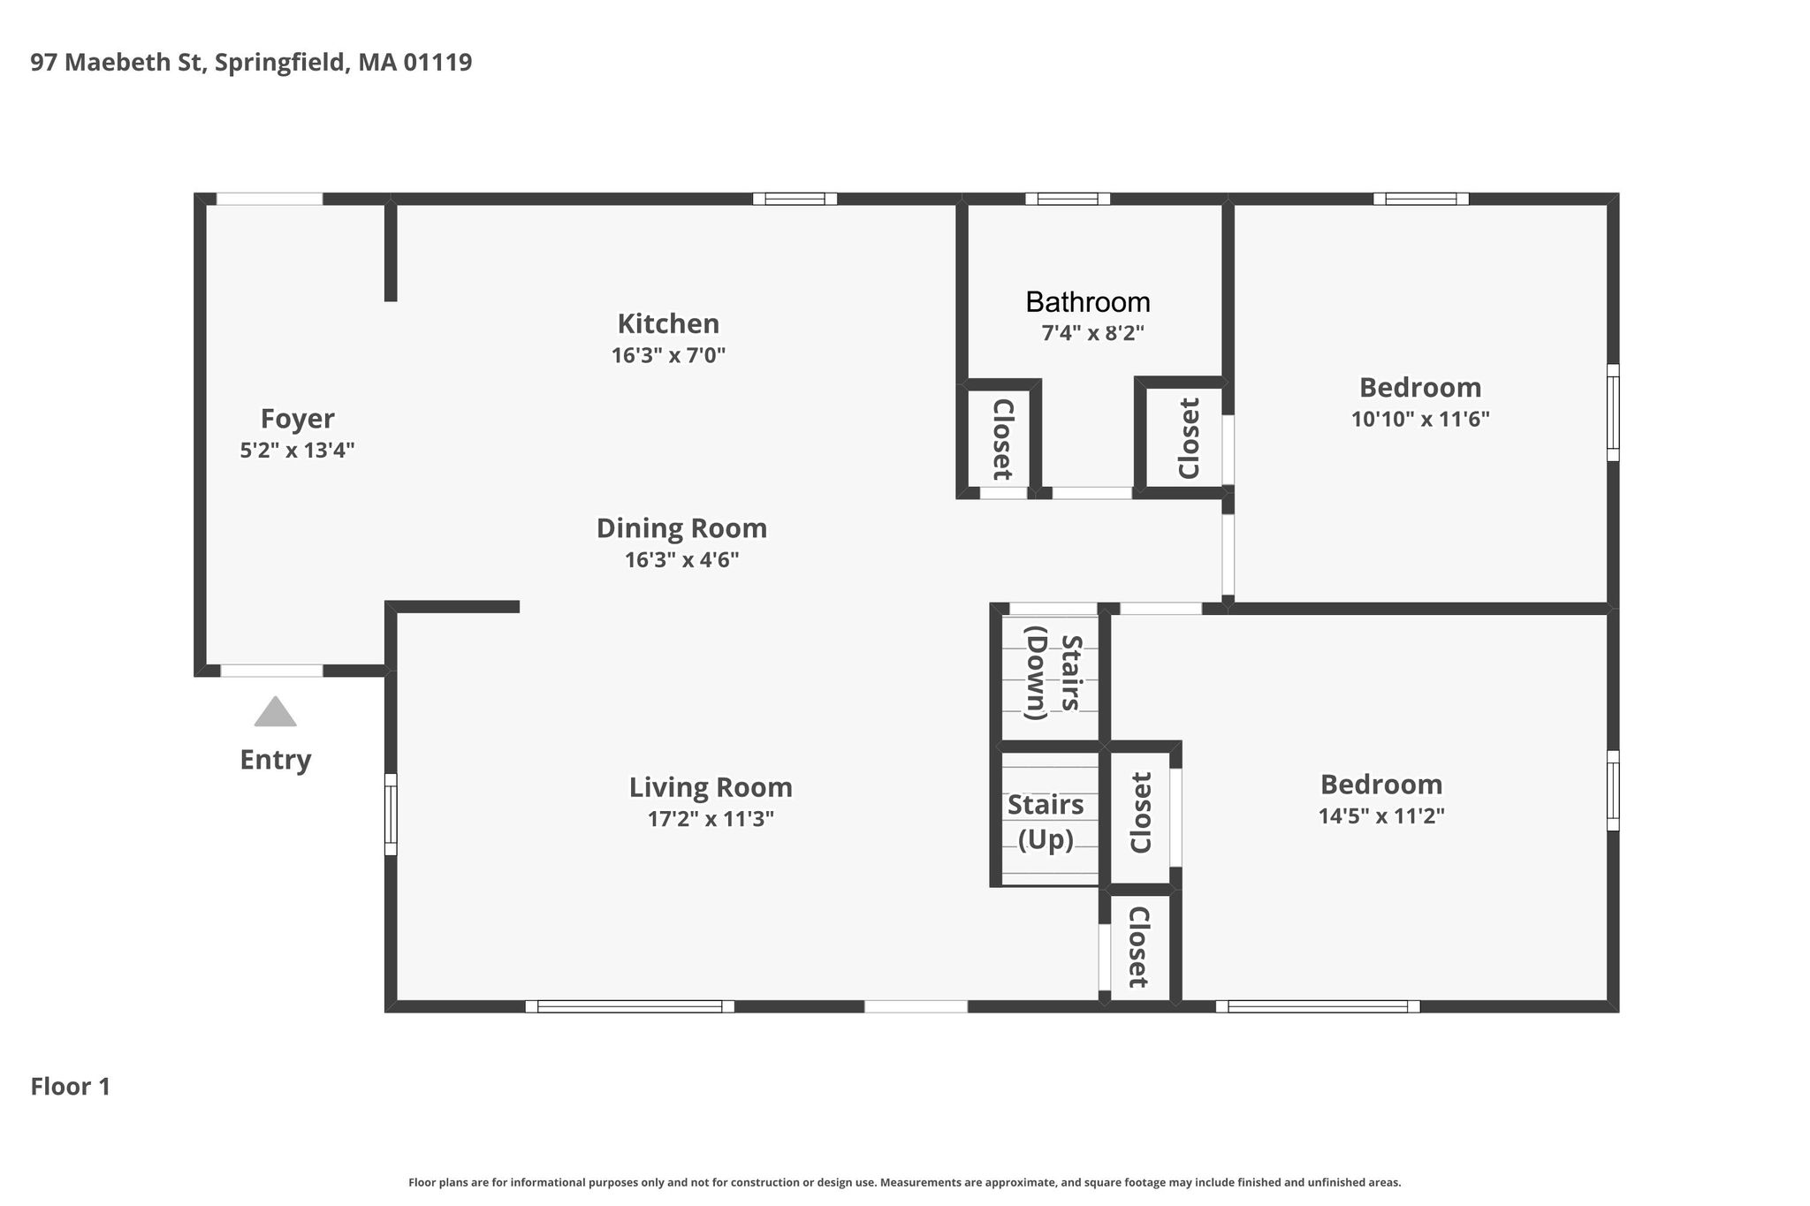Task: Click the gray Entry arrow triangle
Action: click(275, 712)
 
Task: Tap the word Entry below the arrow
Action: click(276, 760)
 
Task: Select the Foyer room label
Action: click(298, 419)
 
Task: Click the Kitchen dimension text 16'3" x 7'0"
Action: click(668, 355)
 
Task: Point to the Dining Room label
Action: click(681, 528)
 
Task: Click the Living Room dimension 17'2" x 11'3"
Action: click(711, 819)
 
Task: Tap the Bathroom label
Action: click(1088, 302)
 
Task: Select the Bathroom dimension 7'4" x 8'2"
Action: click(1092, 333)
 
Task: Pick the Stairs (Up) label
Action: click(1046, 822)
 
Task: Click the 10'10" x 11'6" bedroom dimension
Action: click(1420, 419)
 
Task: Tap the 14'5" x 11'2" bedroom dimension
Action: click(1381, 815)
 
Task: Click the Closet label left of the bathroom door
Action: click(1002, 439)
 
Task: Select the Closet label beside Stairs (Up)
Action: click(1142, 813)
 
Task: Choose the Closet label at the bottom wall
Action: click(1137, 947)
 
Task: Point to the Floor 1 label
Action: click(71, 1087)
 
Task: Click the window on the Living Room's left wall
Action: click(391, 815)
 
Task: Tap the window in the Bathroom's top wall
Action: click(1068, 199)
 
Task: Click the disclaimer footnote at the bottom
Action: click(905, 1182)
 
